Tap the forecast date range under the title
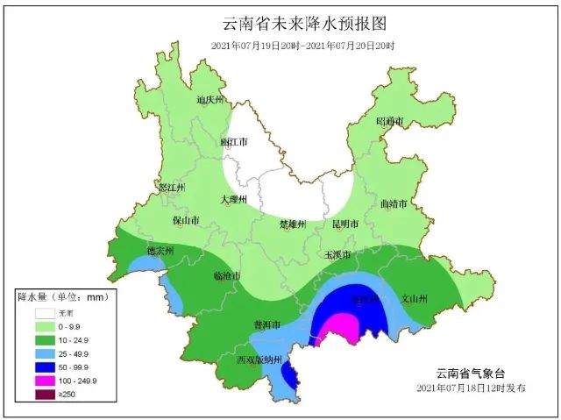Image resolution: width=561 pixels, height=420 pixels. [x=302, y=46]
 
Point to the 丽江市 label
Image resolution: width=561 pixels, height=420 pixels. [x=234, y=141]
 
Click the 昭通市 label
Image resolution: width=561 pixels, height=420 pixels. [x=390, y=121]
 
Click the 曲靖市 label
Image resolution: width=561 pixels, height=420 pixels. [x=394, y=203]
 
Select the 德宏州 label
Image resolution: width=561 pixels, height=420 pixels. [x=160, y=251]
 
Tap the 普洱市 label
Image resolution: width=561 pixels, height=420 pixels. [x=266, y=324]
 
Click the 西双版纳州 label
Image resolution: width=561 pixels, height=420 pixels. [x=259, y=360]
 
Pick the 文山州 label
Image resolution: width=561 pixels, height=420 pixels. [x=413, y=299]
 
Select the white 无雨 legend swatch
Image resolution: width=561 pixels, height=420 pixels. [x=45, y=312]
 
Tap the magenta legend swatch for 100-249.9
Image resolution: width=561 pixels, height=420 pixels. [x=45, y=380]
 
